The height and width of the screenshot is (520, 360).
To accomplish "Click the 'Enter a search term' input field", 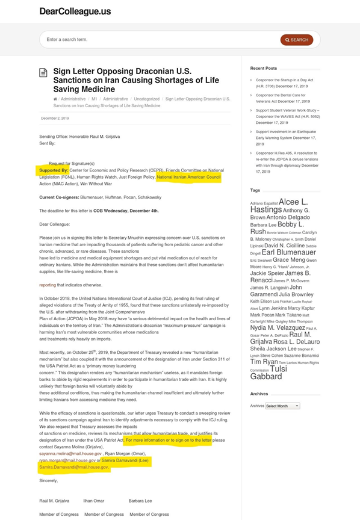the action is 157,40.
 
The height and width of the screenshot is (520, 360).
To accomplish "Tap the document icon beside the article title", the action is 43,73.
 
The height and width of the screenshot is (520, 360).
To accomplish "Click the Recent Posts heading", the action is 263,68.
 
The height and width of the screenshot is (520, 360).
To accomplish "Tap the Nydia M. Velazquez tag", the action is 278,328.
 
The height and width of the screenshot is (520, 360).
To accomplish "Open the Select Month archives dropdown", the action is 282,406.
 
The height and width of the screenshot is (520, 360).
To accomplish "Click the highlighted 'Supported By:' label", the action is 54,170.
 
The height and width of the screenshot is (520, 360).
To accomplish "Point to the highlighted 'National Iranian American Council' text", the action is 188,178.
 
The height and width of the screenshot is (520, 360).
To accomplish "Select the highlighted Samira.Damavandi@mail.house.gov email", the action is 73,467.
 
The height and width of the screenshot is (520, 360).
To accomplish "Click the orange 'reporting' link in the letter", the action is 48,285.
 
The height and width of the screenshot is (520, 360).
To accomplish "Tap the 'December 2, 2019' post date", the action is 55,119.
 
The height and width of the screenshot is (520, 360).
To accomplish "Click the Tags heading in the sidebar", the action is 255,190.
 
